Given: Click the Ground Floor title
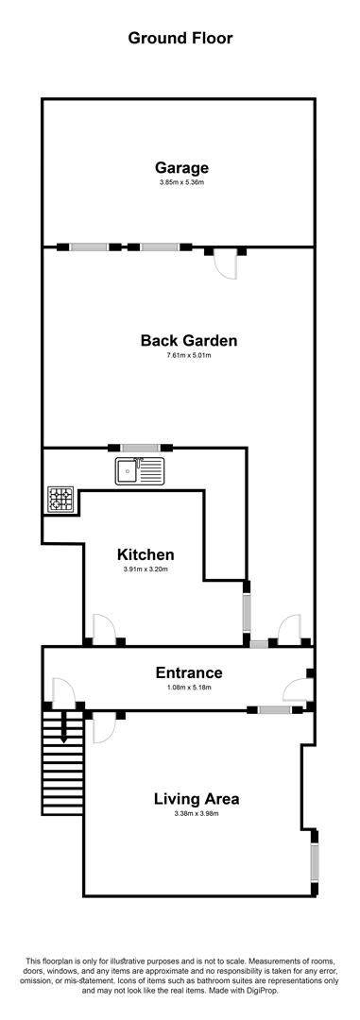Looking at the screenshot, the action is [180, 39].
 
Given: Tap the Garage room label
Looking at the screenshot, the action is [181, 167].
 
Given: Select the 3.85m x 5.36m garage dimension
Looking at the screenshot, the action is [182, 183].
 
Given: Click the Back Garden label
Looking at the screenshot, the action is [189, 340].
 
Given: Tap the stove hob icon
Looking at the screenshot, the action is [61, 499].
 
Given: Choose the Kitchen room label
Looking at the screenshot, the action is [146, 555].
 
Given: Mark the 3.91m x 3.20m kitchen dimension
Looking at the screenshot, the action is [146, 569].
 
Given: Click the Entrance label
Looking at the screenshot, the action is [189, 672].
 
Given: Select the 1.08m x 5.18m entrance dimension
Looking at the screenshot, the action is [190, 687].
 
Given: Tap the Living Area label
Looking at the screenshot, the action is [197, 799].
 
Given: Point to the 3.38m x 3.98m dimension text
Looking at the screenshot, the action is [197, 813].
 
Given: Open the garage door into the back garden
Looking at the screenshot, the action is [225, 264].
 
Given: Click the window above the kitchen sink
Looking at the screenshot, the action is [140, 448].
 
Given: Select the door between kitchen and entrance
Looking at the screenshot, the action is [104, 629].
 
